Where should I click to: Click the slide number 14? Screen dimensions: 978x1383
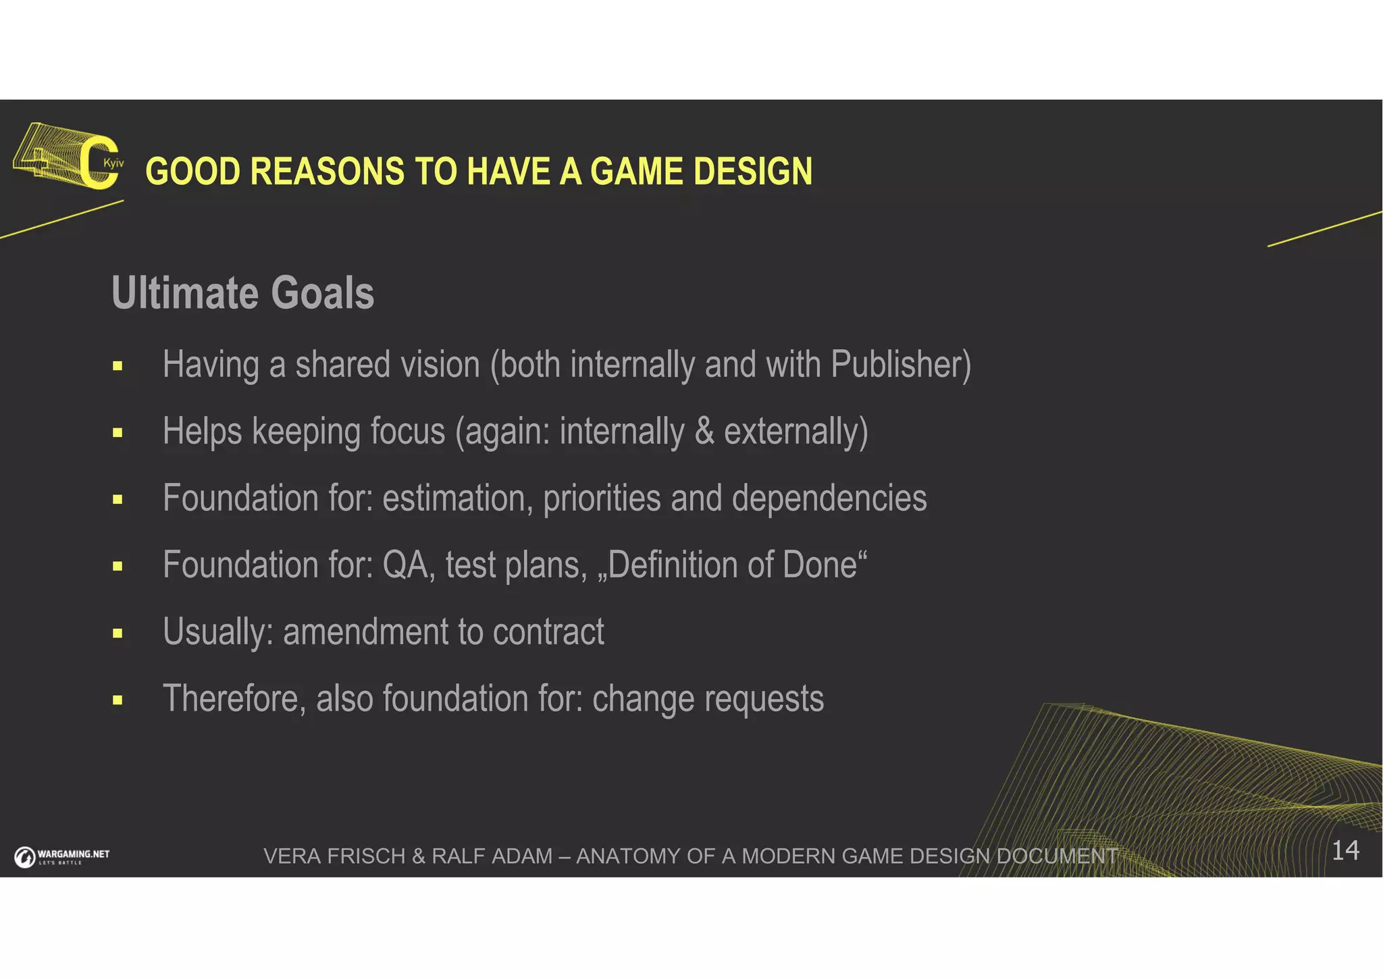1345,850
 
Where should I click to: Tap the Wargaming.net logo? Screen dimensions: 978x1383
62,856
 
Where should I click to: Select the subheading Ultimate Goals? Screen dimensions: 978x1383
242,293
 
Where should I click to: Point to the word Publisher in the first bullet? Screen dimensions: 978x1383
895,365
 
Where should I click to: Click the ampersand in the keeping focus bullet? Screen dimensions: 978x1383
704,432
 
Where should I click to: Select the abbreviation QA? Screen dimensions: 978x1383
407,565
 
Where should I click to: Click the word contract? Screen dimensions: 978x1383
548,632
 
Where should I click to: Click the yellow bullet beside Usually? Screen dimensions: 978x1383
118,634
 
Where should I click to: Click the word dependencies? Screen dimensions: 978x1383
829,498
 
